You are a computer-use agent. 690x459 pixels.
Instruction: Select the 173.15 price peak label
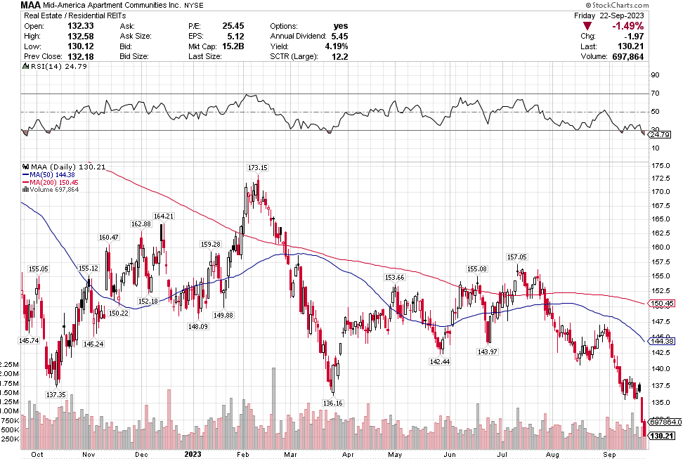(x=258, y=167)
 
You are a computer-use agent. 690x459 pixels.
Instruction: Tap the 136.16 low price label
(x=332, y=403)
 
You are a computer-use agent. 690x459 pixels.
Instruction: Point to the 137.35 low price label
(x=55, y=394)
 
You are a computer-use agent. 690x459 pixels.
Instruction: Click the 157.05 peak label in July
(x=516, y=257)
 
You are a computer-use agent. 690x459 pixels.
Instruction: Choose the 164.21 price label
(x=162, y=216)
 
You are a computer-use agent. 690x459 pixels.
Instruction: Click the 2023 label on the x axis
(x=193, y=453)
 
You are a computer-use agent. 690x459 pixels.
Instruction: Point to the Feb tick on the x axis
(x=241, y=453)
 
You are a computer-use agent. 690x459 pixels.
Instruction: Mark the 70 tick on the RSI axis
(x=655, y=93)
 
